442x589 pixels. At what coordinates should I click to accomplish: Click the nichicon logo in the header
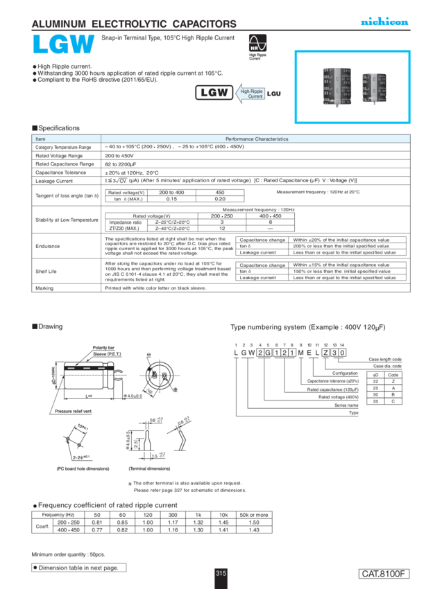coord(384,23)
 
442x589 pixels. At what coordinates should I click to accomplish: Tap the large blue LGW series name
coord(63,45)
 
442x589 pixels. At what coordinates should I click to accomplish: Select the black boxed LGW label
coord(214,93)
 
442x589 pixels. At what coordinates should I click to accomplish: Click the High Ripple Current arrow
coord(252,94)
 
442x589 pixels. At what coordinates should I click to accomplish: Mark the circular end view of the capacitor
coord(159,372)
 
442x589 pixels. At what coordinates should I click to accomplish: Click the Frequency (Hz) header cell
coord(55,515)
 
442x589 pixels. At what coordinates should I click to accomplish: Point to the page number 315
coord(221,573)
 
